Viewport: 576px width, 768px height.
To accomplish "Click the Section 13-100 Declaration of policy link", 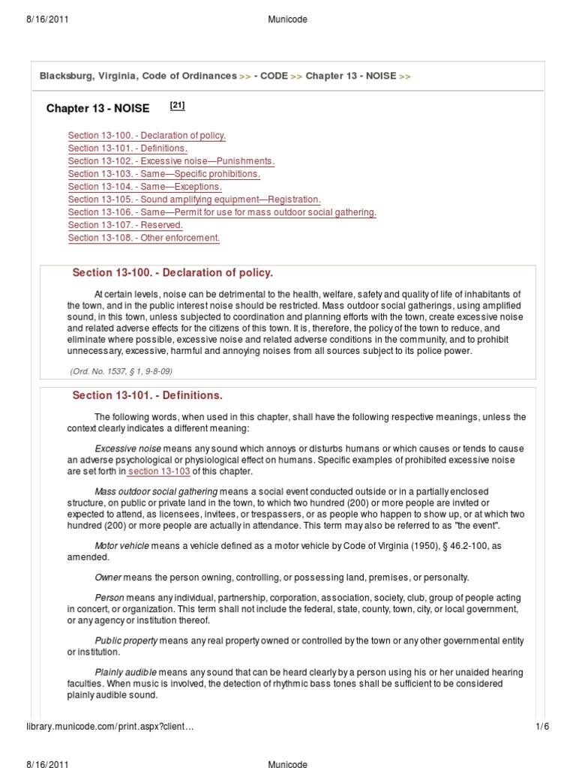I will pos(146,136).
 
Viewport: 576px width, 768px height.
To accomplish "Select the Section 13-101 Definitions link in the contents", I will pos(127,148).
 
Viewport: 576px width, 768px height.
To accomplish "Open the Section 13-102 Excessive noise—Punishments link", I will pos(171,161).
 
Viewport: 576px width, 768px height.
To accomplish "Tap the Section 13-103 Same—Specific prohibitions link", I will pos(163,174).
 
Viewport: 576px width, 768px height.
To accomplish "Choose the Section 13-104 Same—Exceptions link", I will pos(145,187).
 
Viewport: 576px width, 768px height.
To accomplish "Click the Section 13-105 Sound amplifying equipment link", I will pos(193,199).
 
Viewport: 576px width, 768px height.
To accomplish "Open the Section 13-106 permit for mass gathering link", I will pos(221,212).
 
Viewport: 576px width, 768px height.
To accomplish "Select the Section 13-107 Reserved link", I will pos(124,225).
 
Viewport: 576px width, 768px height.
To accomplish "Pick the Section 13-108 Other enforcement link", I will pos(143,238).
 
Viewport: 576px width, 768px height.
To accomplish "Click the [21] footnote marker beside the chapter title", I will pos(177,106).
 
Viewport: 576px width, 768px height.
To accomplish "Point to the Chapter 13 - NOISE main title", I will pos(97,109).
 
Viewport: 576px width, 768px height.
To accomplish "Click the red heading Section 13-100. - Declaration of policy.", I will pos(172,272).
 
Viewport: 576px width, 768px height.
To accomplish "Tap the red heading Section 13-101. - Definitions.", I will pos(147,395).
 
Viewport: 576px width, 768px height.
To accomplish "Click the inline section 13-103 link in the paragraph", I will pos(158,472).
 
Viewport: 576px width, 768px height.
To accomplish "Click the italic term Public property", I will pos(126,640).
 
